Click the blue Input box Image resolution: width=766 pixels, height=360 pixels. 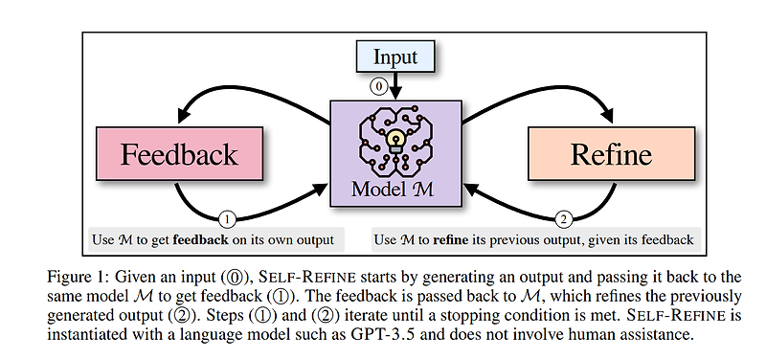coord(394,56)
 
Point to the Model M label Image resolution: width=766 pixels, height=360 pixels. coord(394,188)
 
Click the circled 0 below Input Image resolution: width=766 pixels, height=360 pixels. coord(379,85)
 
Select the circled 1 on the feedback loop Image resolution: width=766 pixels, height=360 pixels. coord(227,218)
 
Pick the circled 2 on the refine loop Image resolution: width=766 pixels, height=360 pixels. coord(562,218)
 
